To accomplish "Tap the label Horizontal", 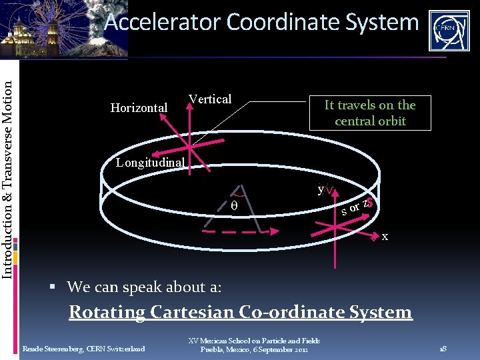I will [139, 107].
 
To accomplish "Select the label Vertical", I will [210, 99].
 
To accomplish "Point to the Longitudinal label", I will [145, 162].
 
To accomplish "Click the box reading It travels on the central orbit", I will [370, 113].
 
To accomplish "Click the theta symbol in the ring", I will [233, 206].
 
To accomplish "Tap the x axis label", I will [385, 237].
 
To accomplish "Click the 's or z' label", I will [354, 207].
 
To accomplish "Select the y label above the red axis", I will [321, 189].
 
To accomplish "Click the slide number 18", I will [442, 349].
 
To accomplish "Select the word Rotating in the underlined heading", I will [107, 312].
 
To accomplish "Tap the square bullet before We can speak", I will [59, 288].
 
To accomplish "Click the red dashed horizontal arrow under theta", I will [237, 231].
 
